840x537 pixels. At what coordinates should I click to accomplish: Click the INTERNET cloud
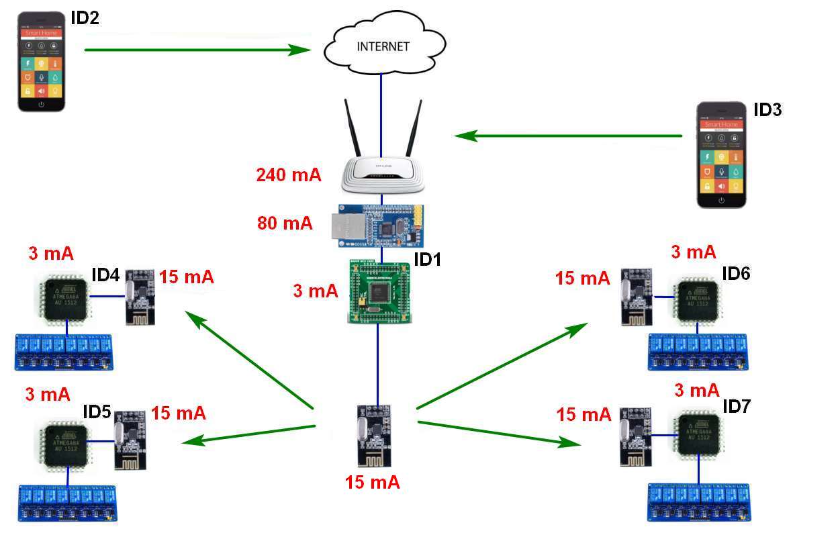pos(383,46)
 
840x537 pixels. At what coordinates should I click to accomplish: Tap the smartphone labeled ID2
pos(42,61)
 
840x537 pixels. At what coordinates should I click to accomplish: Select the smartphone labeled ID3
pos(721,155)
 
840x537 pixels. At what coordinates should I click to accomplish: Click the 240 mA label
pos(289,176)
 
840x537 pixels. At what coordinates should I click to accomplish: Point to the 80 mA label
pos(285,223)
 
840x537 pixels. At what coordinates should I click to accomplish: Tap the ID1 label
pos(427,259)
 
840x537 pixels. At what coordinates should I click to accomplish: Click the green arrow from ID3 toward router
pos(568,136)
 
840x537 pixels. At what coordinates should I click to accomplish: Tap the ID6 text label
pos(736,273)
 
